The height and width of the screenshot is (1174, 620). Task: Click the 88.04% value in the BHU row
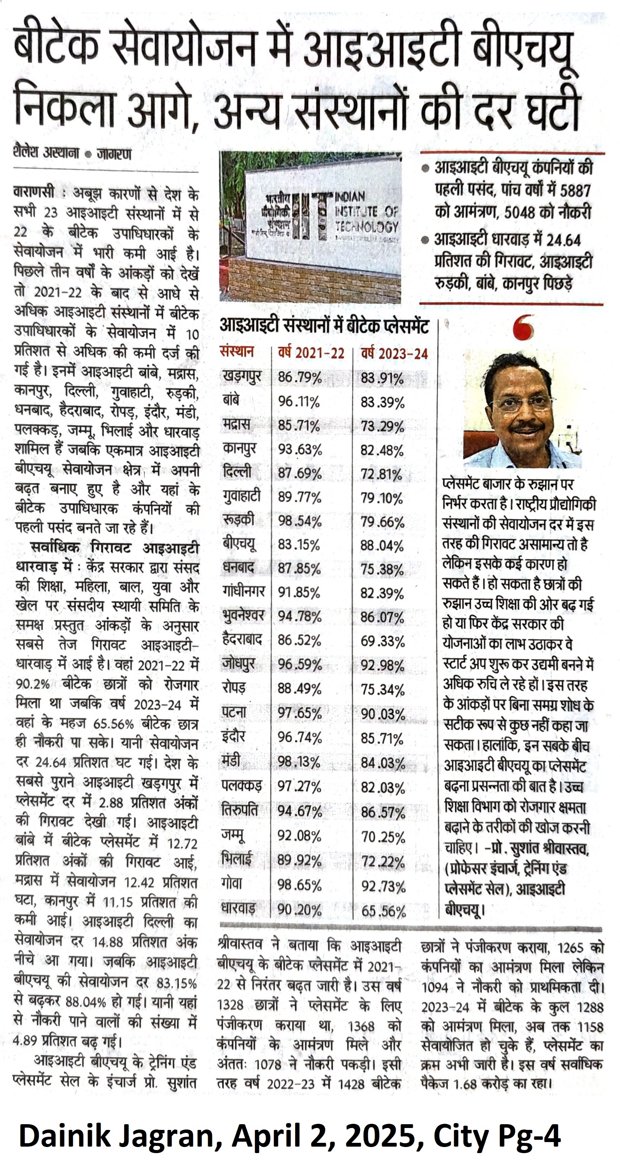382,546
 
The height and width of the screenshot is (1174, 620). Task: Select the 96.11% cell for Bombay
299,401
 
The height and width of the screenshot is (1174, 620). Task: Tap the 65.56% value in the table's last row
383,912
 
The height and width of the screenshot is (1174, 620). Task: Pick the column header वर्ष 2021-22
311,353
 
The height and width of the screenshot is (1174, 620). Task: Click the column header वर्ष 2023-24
394,354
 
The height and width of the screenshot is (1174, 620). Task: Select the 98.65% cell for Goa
299,885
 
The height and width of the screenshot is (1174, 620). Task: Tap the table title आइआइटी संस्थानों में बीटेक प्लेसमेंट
324,326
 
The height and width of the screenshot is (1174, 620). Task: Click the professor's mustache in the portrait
527,428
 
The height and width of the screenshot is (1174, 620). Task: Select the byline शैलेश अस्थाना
46,153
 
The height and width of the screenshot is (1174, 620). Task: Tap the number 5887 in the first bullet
575,190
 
